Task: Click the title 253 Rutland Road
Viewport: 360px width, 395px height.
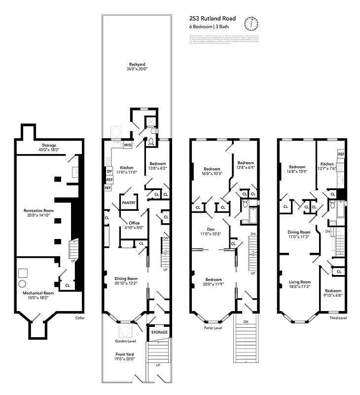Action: [x=213, y=19]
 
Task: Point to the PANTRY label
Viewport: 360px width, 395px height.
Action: [x=129, y=202]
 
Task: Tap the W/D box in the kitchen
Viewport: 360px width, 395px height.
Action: [x=127, y=145]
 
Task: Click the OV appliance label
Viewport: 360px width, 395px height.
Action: [x=109, y=171]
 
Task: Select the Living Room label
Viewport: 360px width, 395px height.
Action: [x=300, y=283]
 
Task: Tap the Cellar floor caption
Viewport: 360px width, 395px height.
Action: [x=80, y=318]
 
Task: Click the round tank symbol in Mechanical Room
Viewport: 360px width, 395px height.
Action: [x=22, y=284]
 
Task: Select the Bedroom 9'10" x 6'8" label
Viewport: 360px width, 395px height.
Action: [x=333, y=293]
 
